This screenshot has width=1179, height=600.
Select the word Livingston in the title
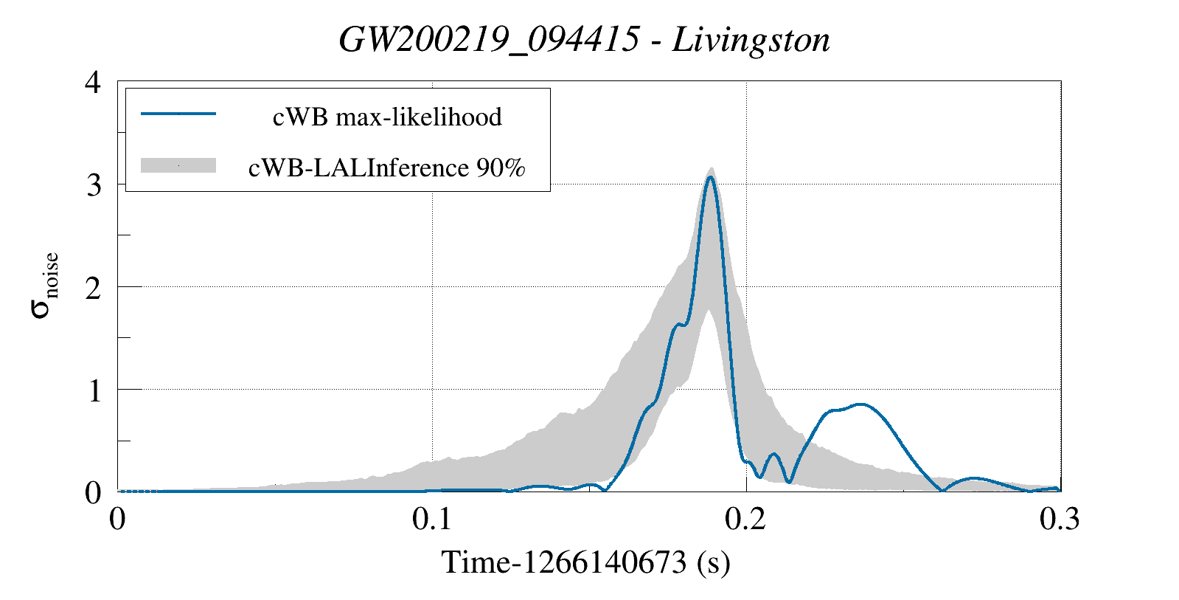(x=751, y=40)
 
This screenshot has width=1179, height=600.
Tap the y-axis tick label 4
(x=93, y=82)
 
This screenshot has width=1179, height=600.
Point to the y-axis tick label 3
(x=93, y=185)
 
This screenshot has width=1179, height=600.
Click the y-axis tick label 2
(x=93, y=287)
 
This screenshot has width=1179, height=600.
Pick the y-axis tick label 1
(x=93, y=390)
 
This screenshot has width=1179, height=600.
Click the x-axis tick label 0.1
(x=432, y=520)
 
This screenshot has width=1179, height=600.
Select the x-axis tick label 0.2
(x=746, y=520)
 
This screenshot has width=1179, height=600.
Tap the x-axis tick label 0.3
(x=1060, y=520)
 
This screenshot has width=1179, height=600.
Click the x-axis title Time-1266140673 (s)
(x=586, y=562)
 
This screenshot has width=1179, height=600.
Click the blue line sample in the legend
(x=178, y=114)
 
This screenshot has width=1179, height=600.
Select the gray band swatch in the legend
(x=178, y=166)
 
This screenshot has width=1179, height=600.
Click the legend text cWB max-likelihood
(x=387, y=117)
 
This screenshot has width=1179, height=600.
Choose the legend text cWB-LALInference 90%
(x=387, y=168)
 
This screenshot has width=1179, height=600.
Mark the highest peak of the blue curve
(x=710, y=177)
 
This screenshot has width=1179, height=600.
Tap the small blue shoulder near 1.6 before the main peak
(x=679, y=324)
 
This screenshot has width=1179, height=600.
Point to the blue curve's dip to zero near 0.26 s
(x=942, y=490)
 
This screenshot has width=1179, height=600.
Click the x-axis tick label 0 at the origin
(x=118, y=520)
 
